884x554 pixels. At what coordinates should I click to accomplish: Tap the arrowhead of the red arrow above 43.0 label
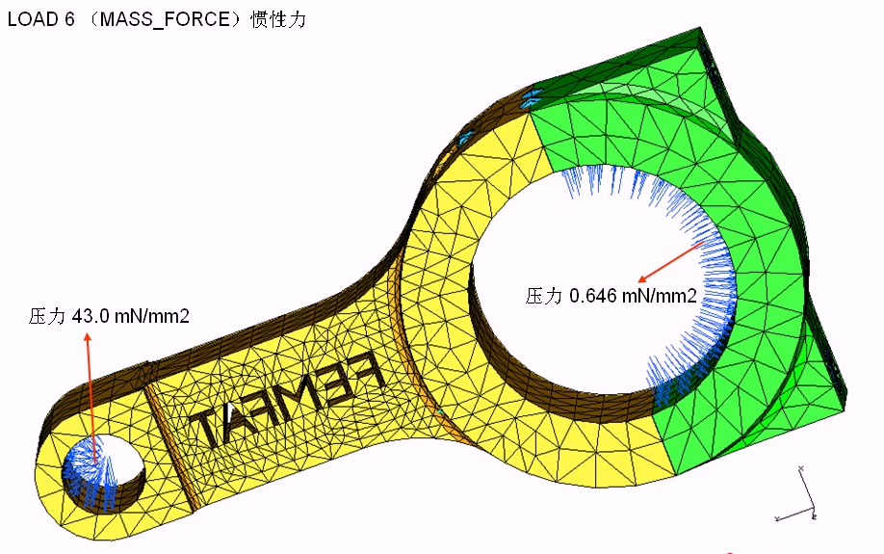pos(87,337)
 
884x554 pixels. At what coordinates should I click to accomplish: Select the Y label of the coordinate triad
pos(777,520)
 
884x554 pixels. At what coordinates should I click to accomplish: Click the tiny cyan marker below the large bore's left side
pos(439,411)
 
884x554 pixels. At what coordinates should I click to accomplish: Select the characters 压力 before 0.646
pos(543,296)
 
